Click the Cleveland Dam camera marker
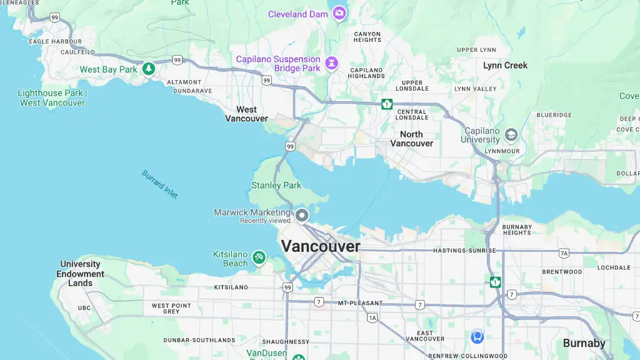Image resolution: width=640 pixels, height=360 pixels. pyautogui.click(x=339, y=12)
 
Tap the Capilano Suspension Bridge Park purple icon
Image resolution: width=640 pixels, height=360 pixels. pyautogui.click(x=332, y=63)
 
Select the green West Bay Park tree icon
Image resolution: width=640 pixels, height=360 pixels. pyautogui.click(x=148, y=69)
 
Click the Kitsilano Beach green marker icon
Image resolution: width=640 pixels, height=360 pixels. pyautogui.click(x=259, y=257)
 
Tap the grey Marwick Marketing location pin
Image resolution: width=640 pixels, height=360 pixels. pyautogui.click(x=302, y=216)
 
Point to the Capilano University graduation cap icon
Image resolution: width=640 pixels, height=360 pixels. pyautogui.click(x=511, y=135)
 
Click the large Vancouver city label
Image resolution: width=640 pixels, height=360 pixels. pyautogui.click(x=321, y=246)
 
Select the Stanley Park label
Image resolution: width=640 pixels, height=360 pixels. pyautogui.click(x=276, y=185)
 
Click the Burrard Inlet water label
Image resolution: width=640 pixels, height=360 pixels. pyautogui.click(x=160, y=184)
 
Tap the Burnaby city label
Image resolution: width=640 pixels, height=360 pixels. pyautogui.click(x=584, y=343)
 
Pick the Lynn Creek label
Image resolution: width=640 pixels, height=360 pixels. pyautogui.click(x=505, y=66)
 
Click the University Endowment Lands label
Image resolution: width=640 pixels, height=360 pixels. pyautogui.click(x=80, y=274)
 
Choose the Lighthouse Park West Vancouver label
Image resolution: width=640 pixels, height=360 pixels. pyautogui.click(x=52, y=98)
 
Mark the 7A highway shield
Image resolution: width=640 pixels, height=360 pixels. pyautogui.click(x=564, y=253)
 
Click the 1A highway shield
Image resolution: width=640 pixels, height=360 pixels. pyautogui.click(x=373, y=317)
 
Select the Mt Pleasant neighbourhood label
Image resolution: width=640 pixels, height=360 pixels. pyautogui.click(x=360, y=303)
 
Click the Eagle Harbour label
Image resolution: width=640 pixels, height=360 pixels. pyautogui.click(x=56, y=42)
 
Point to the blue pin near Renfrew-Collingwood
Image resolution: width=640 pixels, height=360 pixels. pyautogui.click(x=477, y=337)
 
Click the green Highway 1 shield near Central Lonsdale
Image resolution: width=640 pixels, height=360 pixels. pyautogui.click(x=387, y=104)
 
